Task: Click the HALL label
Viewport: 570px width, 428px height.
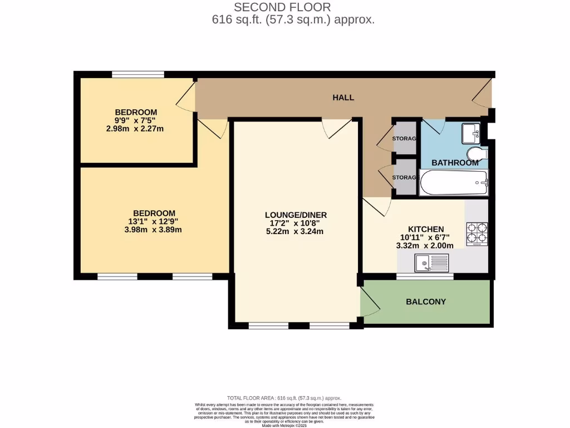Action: (343, 98)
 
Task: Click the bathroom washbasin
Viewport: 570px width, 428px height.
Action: (471, 133)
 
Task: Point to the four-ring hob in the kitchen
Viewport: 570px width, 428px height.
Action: (476, 233)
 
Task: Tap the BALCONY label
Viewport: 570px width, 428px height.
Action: (426, 302)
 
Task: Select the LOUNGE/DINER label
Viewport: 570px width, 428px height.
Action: (296, 215)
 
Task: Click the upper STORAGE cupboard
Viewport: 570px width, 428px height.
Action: (405, 138)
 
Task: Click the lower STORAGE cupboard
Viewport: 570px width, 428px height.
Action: (405, 177)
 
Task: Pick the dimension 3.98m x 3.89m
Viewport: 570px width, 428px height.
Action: (154, 230)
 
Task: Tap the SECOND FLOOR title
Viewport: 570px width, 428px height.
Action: (282, 7)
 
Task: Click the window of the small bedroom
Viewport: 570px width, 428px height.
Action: (137, 74)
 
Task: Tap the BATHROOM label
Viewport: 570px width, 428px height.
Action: (455, 163)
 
